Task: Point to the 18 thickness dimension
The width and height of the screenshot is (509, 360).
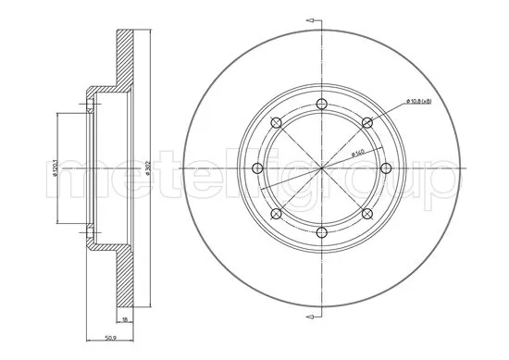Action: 127,317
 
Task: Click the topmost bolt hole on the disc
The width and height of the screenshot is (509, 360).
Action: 321,104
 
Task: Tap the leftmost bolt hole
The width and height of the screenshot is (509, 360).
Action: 256,168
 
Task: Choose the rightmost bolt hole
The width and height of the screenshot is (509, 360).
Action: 386,168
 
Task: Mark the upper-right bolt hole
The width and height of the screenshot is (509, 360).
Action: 366,122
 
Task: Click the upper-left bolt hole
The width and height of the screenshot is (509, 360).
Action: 276,122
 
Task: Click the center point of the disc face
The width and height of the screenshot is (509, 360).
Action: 321,168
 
